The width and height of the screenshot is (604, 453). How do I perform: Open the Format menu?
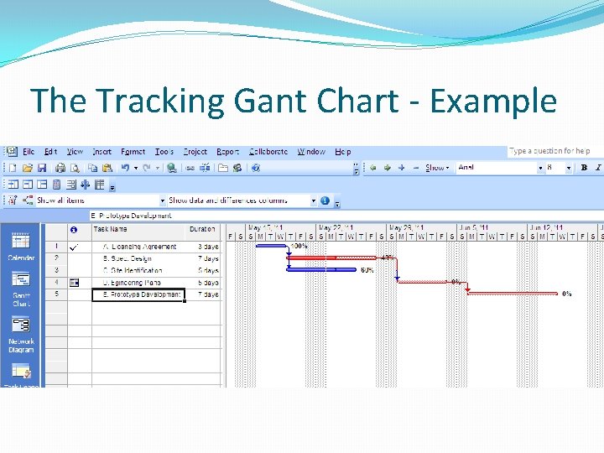133,152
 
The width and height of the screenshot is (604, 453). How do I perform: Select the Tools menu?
164,152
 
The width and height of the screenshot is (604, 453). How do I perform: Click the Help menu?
343,152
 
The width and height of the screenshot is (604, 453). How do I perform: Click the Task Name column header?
111,229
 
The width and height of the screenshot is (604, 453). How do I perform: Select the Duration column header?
202,229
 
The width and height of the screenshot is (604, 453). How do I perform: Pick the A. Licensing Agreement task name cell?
139,247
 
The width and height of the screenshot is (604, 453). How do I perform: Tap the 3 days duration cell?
207,247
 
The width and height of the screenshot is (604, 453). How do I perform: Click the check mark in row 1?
75,247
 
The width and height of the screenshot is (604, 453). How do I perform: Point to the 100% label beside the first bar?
299,247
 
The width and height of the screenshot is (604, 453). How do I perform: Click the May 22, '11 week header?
336,227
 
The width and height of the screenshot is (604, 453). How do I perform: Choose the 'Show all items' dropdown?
96,200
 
